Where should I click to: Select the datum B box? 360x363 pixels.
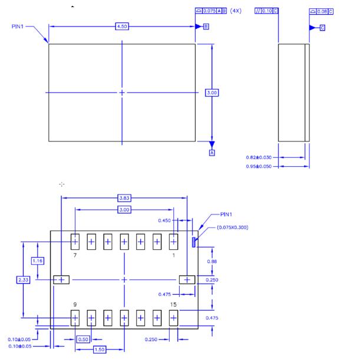[x=206, y=27]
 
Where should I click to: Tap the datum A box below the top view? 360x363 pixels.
[x=212, y=152]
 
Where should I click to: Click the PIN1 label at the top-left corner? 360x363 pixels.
[x=17, y=27]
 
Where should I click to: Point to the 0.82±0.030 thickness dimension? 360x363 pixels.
[x=259, y=157]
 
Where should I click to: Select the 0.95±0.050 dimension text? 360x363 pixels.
[x=259, y=166]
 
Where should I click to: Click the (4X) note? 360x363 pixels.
[x=236, y=11]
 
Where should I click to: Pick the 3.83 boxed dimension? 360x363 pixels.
[x=124, y=198]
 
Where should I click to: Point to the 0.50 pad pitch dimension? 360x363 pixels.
[x=83, y=339]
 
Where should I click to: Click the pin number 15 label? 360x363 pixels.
[x=173, y=304]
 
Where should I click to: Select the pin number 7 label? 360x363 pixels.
[x=75, y=256]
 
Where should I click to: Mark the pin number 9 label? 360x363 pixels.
[x=75, y=304]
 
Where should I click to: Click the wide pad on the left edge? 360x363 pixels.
[x=61, y=279]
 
